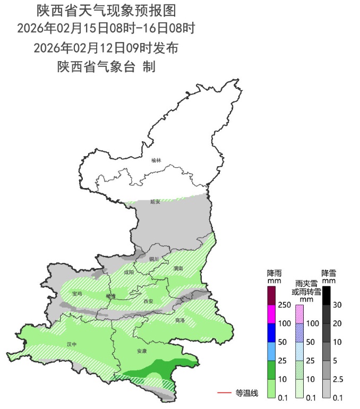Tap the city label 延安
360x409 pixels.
click(x=155, y=201)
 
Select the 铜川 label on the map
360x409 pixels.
click(x=154, y=259)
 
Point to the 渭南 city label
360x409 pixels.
click(x=178, y=269)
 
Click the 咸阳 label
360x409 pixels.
click(x=129, y=272)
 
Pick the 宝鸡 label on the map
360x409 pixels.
click(x=78, y=293)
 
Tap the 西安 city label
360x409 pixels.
click(x=148, y=301)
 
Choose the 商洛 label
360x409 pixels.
click(x=180, y=320)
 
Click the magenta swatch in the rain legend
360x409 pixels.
click(x=271, y=314)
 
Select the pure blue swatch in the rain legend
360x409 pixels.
click(x=271, y=333)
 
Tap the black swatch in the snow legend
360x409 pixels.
click(x=327, y=295)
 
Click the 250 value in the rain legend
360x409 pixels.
click(x=285, y=305)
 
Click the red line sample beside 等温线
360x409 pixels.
click(x=224, y=393)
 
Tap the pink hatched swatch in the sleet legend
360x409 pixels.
click(x=299, y=314)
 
